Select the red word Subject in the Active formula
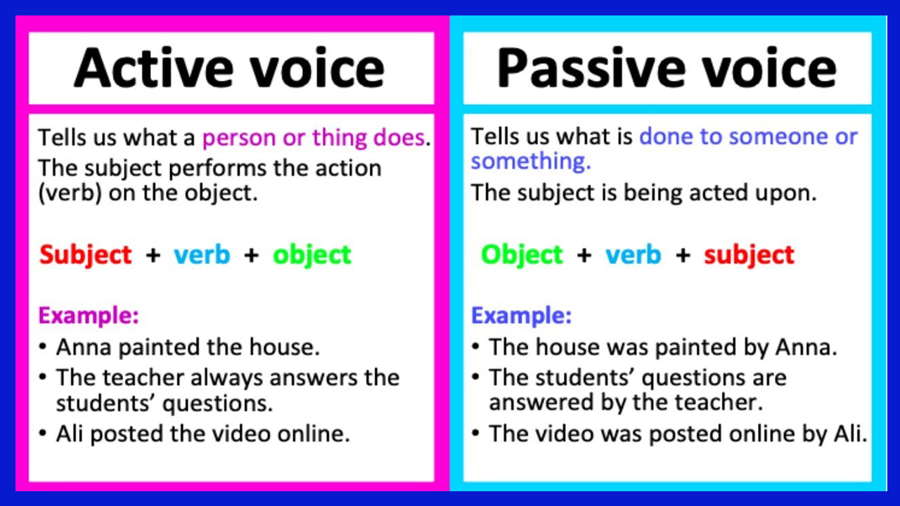[x=86, y=254]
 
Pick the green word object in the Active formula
[x=312, y=254]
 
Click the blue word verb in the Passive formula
[x=633, y=254]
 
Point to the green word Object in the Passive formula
[x=522, y=254]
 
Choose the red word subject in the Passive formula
[x=749, y=254]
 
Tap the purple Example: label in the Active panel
[x=89, y=316]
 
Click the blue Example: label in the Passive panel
[x=521, y=316]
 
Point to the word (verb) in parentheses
[x=68, y=193]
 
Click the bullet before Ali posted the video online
[x=44, y=434]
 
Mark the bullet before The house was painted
[x=476, y=347]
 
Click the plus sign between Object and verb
[x=584, y=254]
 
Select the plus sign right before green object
[x=251, y=254]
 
